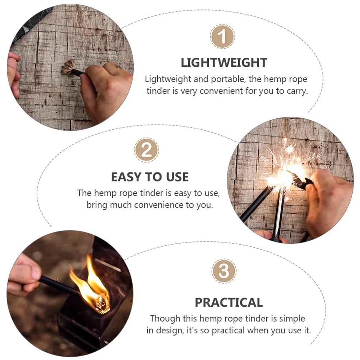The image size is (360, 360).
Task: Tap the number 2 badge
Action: coord(146,150)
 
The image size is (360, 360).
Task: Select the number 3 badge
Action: coord(224,271)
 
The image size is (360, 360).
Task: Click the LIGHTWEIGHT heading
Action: coord(224,63)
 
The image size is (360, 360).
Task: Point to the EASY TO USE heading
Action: coord(149,177)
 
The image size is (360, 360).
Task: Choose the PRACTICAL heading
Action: coord(229,302)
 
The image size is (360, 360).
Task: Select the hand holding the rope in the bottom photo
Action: coord(23,275)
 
